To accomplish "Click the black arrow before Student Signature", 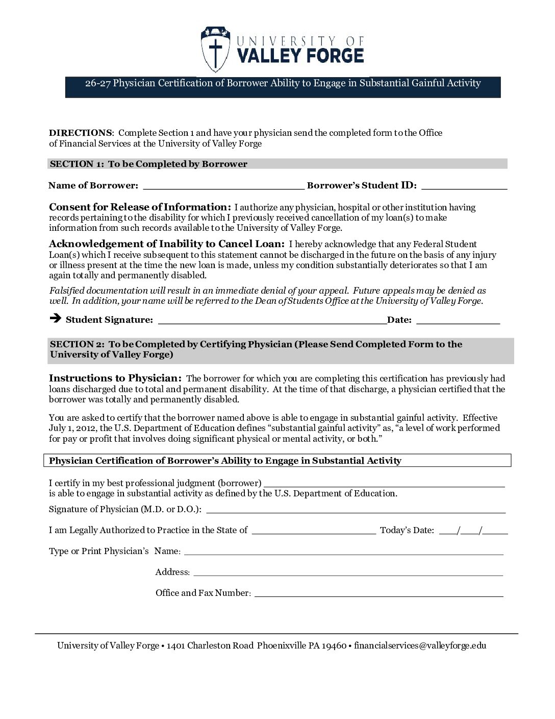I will [55, 319].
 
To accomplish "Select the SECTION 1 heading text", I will [148, 164].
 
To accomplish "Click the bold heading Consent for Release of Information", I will [140, 207].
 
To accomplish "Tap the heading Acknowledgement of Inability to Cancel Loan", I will [166, 244].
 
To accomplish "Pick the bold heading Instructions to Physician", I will [115, 378].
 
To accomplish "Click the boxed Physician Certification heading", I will [225, 461].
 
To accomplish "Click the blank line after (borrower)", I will [384, 484].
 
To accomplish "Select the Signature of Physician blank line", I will [356, 510].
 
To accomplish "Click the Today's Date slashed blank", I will [473, 531].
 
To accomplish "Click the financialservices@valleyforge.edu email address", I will [420, 645].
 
